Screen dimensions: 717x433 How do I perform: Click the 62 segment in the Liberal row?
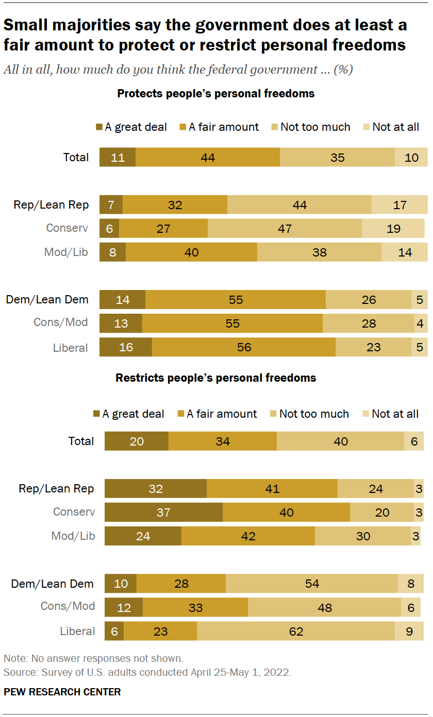(x=296, y=631)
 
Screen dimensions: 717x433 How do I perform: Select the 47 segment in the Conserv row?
(x=285, y=228)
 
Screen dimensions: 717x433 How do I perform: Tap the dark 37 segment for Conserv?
(x=163, y=513)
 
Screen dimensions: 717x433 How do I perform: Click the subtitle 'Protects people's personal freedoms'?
(x=216, y=94)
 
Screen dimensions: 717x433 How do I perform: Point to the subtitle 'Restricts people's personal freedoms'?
(x=215, y=378)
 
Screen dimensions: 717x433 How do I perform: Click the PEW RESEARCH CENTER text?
(x=62, y=692)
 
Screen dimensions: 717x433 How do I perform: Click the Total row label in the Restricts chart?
(x=81, y=441)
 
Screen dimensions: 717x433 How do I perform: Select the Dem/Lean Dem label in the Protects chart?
(x=47, y=299)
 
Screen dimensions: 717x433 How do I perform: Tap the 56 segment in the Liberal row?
(x=244, y=347)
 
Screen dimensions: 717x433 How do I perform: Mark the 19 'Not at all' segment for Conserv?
(x=393, y=228)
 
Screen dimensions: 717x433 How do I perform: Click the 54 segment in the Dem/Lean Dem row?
(x=312, y=584)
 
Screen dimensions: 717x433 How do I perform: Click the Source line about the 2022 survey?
(x=147, y=672)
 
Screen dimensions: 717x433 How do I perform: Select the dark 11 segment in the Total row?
(x=118, y=157)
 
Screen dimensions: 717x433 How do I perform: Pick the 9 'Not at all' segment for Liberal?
(x=409, y=631)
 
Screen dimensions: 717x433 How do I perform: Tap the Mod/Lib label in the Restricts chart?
(x=73, y=536)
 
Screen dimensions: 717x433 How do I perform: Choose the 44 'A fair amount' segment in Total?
(x=208, y=157)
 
